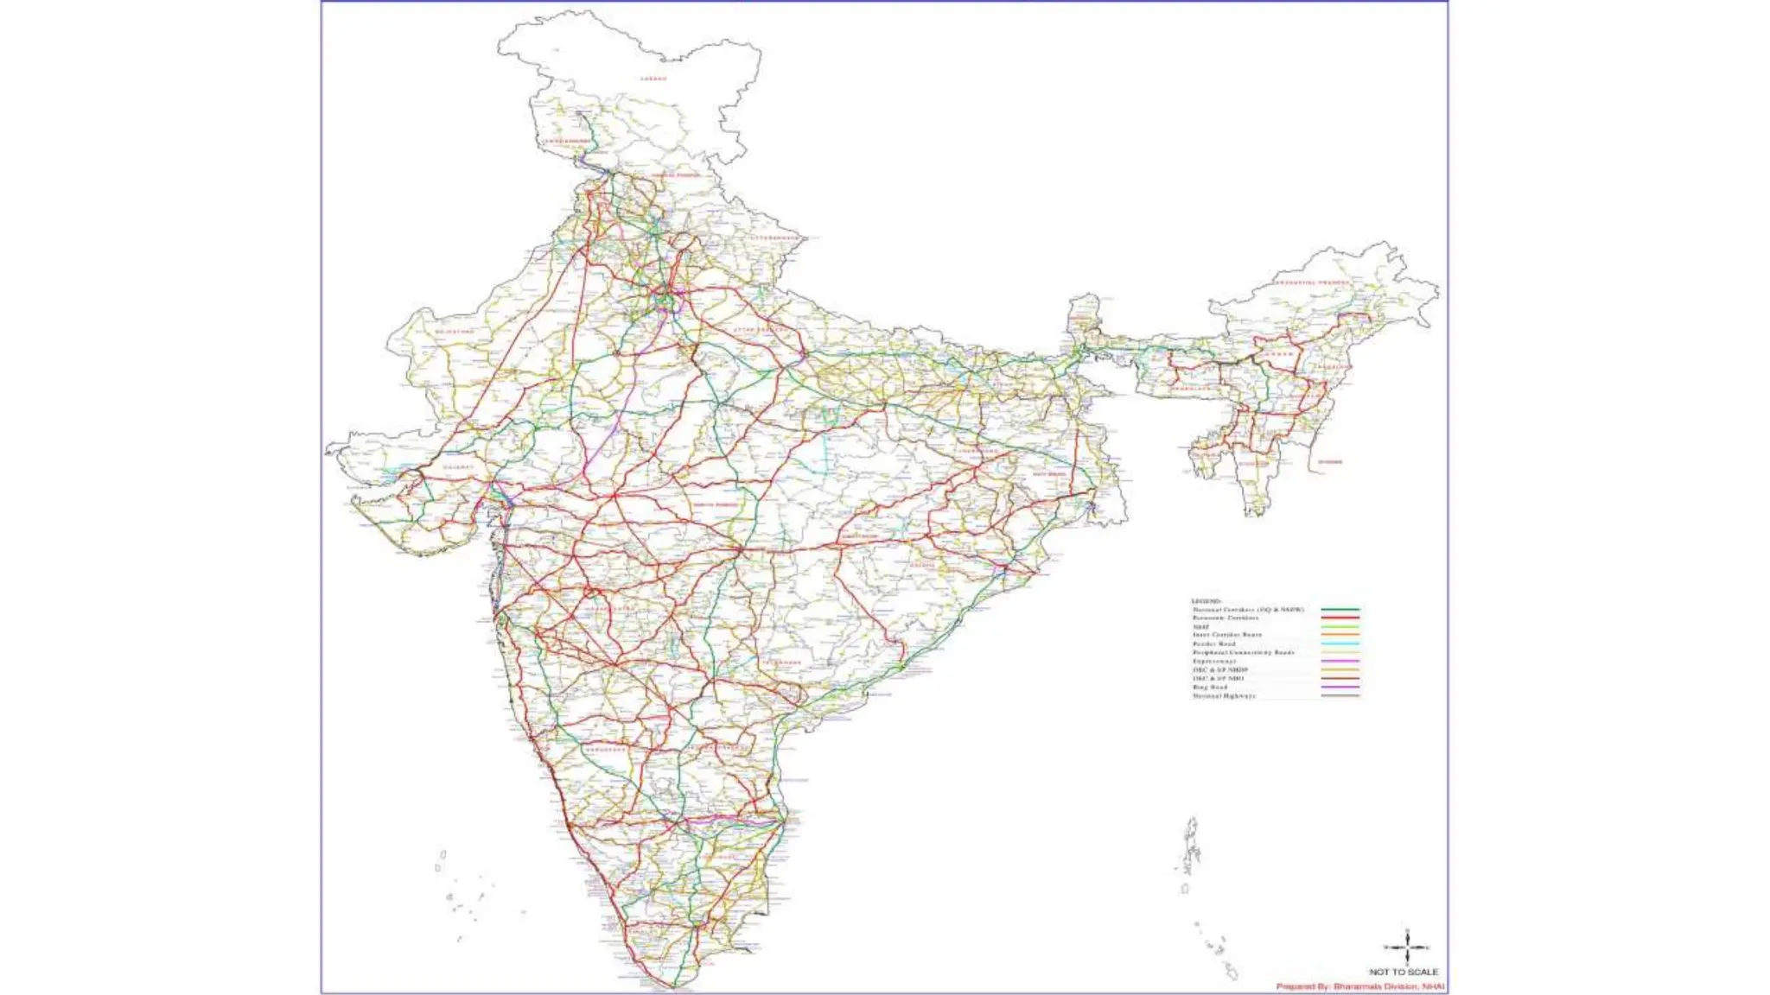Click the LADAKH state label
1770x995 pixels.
point(653,79)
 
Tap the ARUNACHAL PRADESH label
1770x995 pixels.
point(1311,283)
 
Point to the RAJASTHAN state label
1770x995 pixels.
point(455,332)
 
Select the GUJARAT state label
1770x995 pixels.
point(458,467)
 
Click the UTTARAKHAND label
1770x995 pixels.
point(774,238)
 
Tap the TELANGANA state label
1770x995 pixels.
point(781,662)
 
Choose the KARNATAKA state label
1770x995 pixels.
point(605,750)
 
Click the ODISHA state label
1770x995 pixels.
point(922,566)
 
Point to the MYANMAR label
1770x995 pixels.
point(1330,462)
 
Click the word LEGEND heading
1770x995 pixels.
point(1207,601)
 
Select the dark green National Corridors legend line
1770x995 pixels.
point(1340,610)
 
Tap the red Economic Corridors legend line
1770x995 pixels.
point(1340,618)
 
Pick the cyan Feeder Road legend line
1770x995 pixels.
point(1340,644)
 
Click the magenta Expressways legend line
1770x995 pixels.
point(1340,662)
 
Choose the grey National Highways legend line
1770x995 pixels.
point(1340,695)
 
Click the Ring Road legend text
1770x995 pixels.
point(1210,688)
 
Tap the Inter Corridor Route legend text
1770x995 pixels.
point(1226,635)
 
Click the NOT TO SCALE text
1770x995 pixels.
point(1404,972)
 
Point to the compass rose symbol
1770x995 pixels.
point(1407,947)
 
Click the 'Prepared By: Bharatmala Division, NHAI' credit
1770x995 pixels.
point(1360,986)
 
